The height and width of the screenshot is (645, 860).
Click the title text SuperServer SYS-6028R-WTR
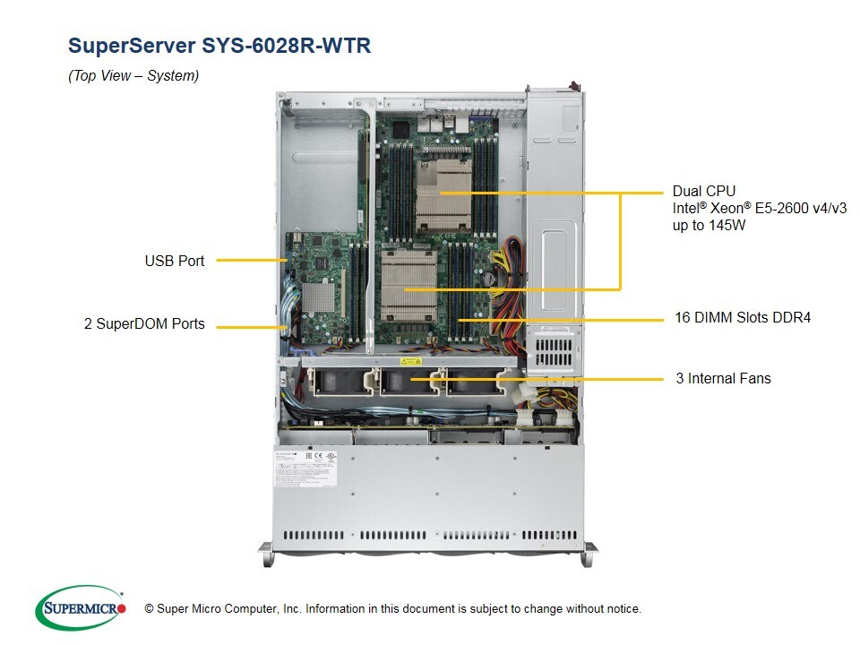pos(219,46)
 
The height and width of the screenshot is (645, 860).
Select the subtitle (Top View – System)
pos(133,76)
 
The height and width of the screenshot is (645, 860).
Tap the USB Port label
pos(174,261)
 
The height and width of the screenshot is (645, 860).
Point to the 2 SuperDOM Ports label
pos(144,324)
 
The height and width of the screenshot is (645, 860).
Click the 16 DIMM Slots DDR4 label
pos(742,317)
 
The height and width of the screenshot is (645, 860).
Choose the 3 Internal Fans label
pos(723,378)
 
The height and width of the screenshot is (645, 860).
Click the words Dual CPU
pos(703,191)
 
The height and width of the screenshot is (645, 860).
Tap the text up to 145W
pos(709,226)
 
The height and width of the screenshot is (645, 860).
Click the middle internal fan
pos(404,382)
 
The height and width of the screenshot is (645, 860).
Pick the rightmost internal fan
pos(474,382)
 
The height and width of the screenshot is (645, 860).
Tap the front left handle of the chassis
pos(267,555)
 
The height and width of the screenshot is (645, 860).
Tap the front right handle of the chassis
pos(588,555)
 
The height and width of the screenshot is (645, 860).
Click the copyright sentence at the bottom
pos(392,609)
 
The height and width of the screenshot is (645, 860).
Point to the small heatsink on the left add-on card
pos(319,297)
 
